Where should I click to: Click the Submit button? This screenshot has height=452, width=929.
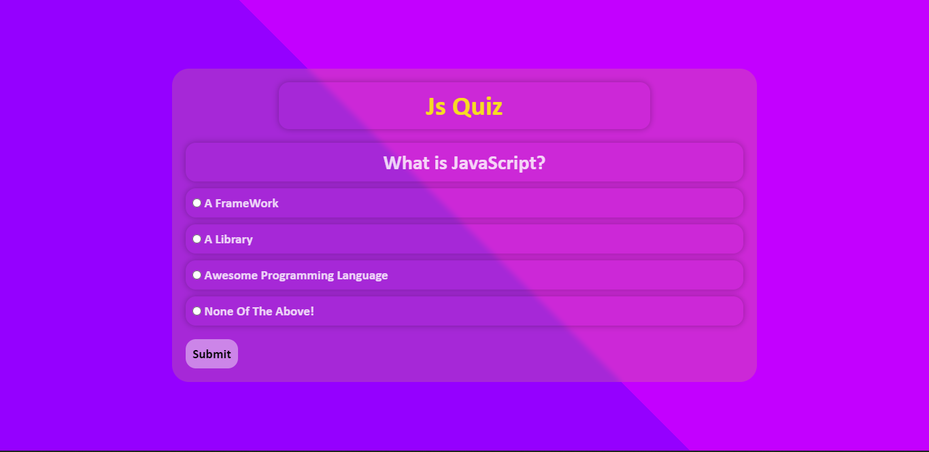click(212, 354)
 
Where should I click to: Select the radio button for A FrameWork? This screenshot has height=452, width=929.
click(197, 203)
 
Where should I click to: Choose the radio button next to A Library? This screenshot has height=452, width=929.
click(197, 239)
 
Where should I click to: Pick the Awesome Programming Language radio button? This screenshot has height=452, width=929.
click(197, 275)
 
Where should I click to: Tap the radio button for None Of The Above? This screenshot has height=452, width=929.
click(197, 311)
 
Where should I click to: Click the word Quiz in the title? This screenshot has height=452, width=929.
click(477, 107)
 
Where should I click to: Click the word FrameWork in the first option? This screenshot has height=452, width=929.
click(247, 203)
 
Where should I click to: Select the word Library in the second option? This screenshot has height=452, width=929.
click(234, 239)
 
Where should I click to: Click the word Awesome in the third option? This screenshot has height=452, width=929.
click(231, 275)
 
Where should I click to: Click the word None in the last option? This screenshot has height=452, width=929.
click(219, 311)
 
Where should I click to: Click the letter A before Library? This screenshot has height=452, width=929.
click(208, 239)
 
